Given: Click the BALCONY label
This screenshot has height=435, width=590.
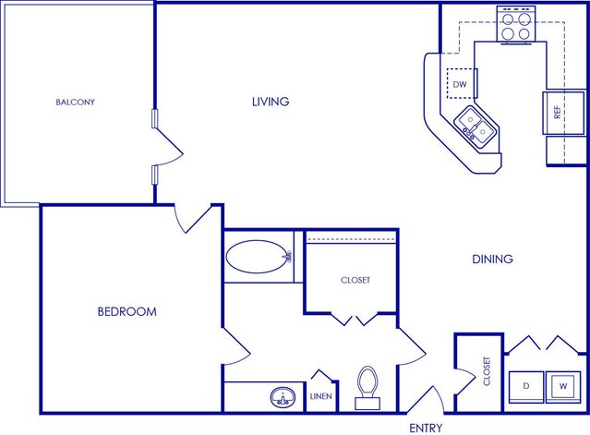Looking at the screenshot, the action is [76, 102].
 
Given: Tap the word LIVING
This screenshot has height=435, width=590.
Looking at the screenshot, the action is [271, 102].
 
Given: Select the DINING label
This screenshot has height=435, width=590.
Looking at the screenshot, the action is [492, 259].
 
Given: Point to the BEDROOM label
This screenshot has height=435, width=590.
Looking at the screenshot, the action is [127, 311].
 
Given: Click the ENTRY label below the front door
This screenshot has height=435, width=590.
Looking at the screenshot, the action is [426, 428].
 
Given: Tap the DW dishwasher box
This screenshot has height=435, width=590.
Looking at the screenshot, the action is [462, 83].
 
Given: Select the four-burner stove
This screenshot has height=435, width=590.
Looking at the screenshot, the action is [516, 25].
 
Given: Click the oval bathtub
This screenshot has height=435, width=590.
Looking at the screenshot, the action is [259, 257].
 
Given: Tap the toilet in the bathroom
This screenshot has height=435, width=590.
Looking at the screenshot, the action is [367, 388].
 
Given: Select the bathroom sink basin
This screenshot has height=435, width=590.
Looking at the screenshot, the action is [283, 397].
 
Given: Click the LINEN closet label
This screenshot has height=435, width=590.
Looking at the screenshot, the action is [321, 396].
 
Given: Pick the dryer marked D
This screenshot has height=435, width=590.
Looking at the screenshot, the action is [526, 387].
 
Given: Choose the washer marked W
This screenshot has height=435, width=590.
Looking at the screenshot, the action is [563, 387].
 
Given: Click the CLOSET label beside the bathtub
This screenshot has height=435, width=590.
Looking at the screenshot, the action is [355, 280].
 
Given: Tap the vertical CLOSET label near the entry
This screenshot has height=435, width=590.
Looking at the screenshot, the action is [487, 371].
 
